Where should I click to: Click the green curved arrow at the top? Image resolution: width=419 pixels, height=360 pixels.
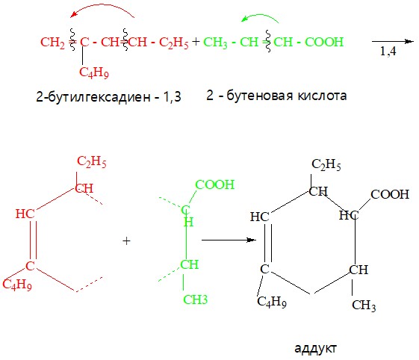pos(261,15)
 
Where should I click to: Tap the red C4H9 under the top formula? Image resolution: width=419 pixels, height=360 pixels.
pos(94,72)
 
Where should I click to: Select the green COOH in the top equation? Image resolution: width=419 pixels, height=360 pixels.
pos(324,42)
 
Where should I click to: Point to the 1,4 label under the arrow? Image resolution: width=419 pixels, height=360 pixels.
pos(388,51)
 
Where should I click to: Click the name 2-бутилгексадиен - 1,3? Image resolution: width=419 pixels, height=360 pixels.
pos(108,97)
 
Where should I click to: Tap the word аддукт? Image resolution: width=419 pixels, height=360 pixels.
pos(316,349)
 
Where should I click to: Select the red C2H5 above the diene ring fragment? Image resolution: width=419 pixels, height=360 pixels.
pos(92,161)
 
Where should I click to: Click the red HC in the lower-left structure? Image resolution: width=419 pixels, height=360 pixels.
pos(25,214)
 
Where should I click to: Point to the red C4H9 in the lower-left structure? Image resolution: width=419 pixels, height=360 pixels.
pos(17,284)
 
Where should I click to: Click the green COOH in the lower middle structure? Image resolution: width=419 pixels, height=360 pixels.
pos(215,184)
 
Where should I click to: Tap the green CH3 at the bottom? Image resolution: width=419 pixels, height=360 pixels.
pos(196,300)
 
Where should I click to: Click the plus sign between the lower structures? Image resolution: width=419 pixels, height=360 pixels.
pos(126,241)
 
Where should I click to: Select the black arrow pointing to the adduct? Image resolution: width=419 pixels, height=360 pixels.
pos(229,240)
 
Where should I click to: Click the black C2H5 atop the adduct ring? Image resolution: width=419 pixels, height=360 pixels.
pos(326,164)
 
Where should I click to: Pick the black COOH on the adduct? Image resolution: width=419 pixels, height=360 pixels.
pos(390,194)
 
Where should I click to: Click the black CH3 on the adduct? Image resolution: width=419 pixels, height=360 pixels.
pos(364,305)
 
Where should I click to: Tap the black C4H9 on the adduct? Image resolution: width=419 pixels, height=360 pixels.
pos(272,302)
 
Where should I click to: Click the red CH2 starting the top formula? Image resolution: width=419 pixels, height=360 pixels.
pos(52,43)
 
